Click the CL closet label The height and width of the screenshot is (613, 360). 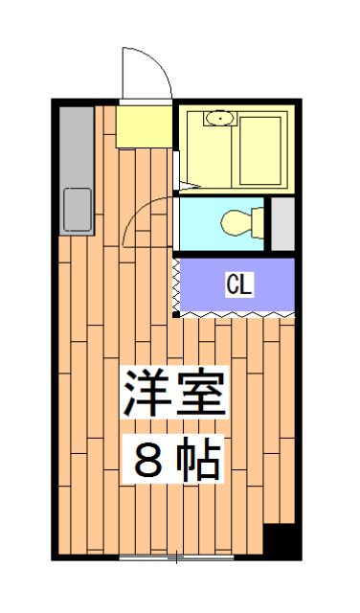(239, 284)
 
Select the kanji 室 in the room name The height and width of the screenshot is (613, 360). (201, 392)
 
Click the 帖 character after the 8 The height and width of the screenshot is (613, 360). (198, 459)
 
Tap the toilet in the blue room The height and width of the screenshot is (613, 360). (242, 223)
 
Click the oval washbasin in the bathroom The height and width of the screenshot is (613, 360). (220, 118)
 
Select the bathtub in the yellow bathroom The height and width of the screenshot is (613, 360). (259, 150)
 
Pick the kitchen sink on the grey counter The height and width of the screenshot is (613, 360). (78, 210)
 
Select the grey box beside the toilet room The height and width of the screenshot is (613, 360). (282, 223)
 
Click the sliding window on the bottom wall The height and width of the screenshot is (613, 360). (176, 557)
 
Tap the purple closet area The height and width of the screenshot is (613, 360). (237, 284)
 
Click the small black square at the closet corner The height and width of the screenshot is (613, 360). (176, 314)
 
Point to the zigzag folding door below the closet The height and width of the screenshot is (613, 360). (236, 314)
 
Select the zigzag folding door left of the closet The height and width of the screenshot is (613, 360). (176, 284)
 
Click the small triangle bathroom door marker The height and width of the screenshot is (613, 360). (190, 187)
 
